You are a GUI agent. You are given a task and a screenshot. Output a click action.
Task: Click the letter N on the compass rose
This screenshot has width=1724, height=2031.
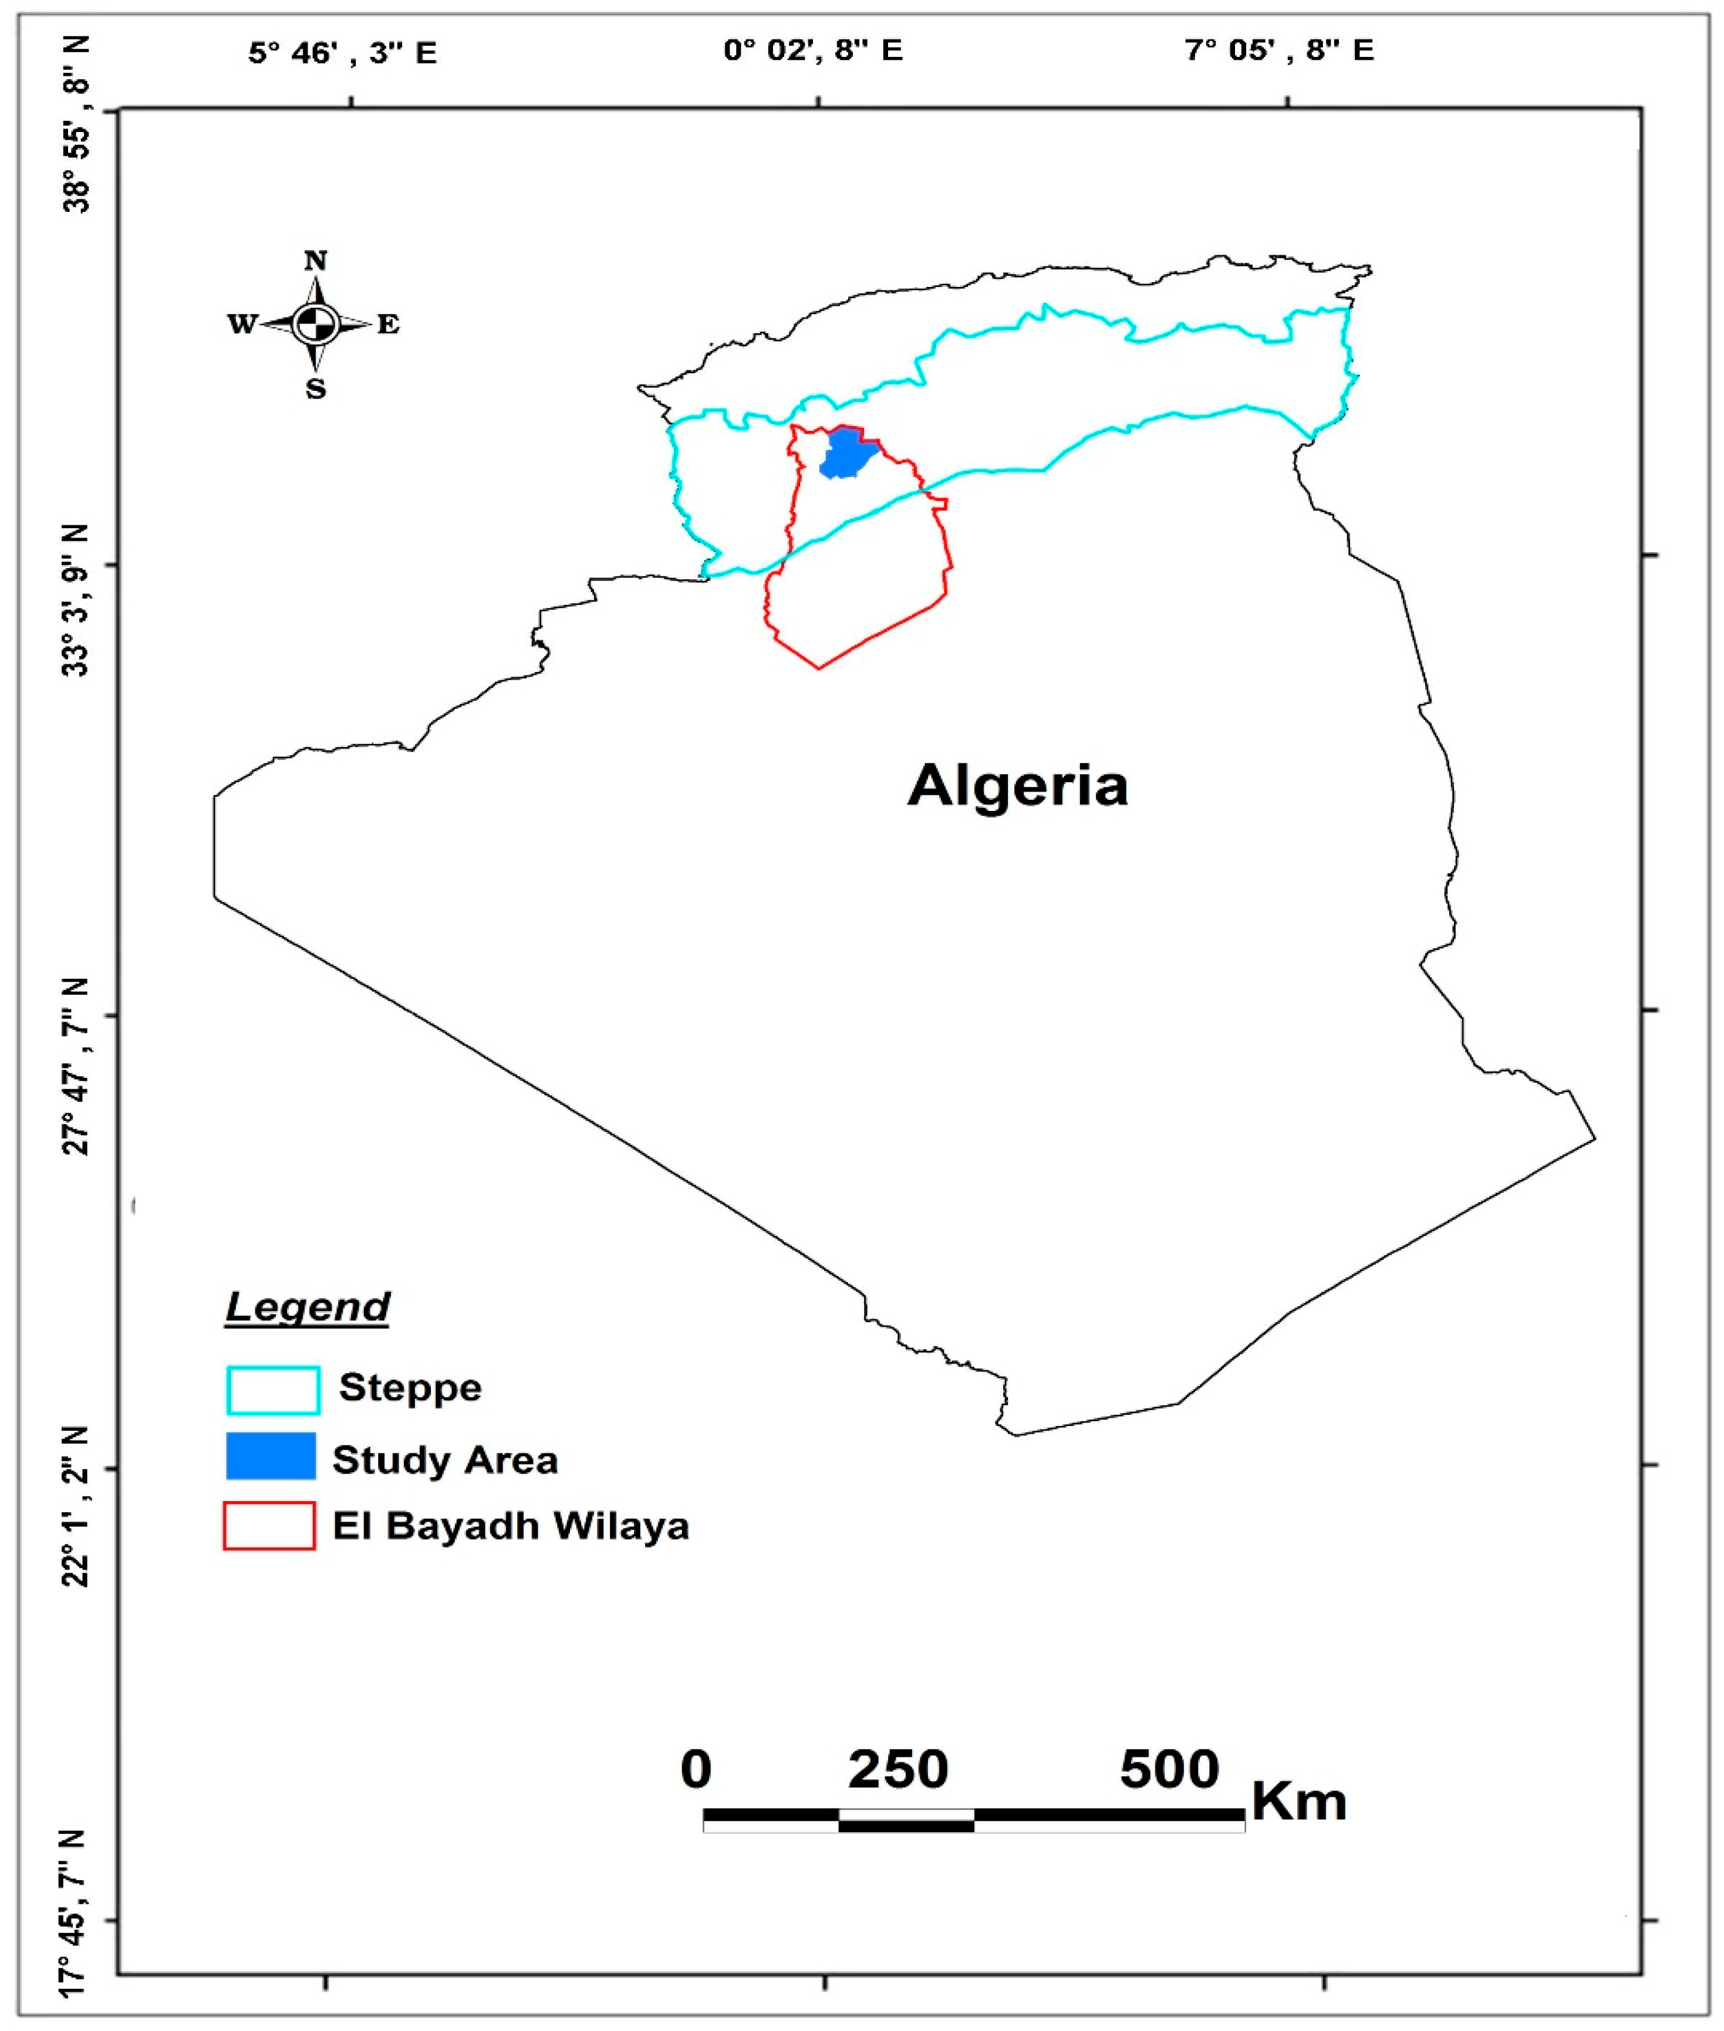pos(315,261)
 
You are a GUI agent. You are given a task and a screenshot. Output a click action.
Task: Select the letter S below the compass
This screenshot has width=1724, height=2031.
pos(315,390)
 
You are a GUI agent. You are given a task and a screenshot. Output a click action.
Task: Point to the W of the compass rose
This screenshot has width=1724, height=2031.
pos(241,325)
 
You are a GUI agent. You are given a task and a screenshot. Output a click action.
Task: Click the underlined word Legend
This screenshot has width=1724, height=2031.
pos(308,1306)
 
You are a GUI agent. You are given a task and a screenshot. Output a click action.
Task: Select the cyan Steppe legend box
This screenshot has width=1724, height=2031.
pos(273,1390)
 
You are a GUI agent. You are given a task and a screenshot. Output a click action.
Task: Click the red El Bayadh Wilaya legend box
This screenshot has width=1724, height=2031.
pos(270,1526)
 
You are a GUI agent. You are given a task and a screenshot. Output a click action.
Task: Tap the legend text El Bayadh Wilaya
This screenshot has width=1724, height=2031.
pos(510,1526)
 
